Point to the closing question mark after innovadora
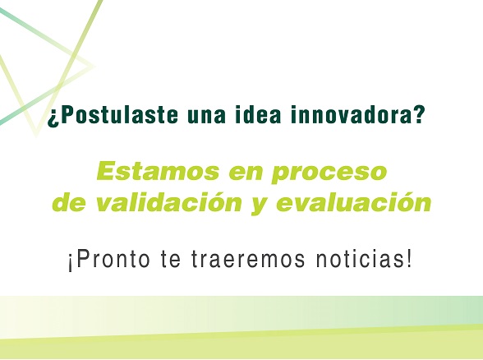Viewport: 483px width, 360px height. pyautogui.click(x=416, y=114)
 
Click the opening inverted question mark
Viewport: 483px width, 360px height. pyautogui.click(x=53, y=117)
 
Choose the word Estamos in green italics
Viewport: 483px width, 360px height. pyautogui.click(x=158, y=171)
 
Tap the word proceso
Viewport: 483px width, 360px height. pyautogui.click(x=329, y=173)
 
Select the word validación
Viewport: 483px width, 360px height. pyautogui.click(x=168, y=202)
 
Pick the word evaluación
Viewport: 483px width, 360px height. pyautogui.click(x=353, y=202)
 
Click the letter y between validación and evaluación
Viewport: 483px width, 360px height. pyautogui.click(x=260, y=205)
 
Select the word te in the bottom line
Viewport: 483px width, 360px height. pyautogui.click(x=170, y=261)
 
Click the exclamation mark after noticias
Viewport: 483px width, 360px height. pyautogui.click(x=409, y=259)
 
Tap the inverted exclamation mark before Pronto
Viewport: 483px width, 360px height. pyautogui.click(x=71, y=263)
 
